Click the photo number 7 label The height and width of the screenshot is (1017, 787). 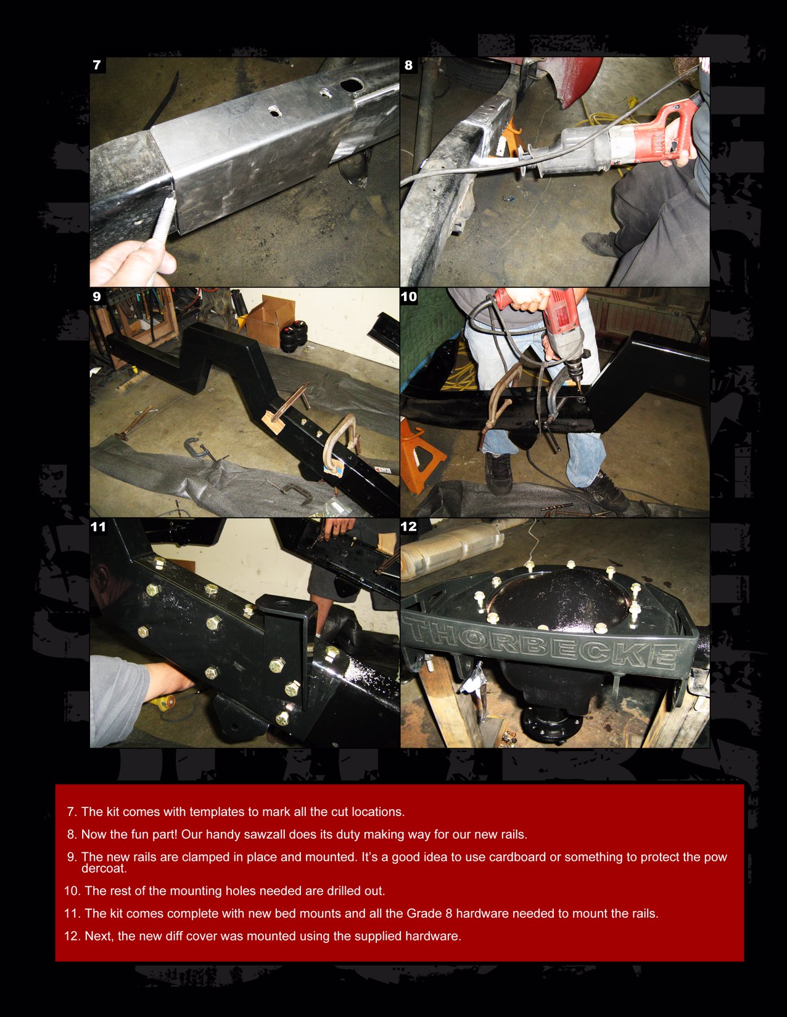click(97, 65)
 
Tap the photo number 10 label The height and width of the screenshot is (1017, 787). click(409, 296)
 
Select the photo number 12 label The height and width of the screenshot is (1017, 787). click(409, 526)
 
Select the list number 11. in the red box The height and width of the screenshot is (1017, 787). click(72, 913)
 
